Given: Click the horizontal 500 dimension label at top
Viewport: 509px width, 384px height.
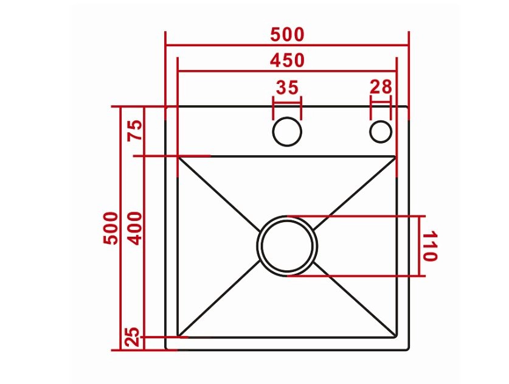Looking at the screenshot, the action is click(x=287, y=35).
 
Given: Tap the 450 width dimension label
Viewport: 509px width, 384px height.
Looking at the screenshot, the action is click(x=287, y=60).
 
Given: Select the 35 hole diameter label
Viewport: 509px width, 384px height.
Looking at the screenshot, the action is click(x=287, y=88).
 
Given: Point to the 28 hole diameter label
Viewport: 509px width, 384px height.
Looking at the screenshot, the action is click(x=381, y=87).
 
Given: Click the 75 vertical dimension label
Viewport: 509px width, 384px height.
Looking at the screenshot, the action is click(x=136, y=130).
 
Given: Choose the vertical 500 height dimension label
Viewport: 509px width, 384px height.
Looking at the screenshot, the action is click(x=110, y=228).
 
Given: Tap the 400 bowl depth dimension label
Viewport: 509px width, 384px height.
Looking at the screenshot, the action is click(x=136, y=228).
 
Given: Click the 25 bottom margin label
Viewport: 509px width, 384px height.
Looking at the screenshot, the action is click(x=133, y=337).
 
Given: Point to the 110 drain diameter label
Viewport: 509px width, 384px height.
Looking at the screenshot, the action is click(x=430, y=246).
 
